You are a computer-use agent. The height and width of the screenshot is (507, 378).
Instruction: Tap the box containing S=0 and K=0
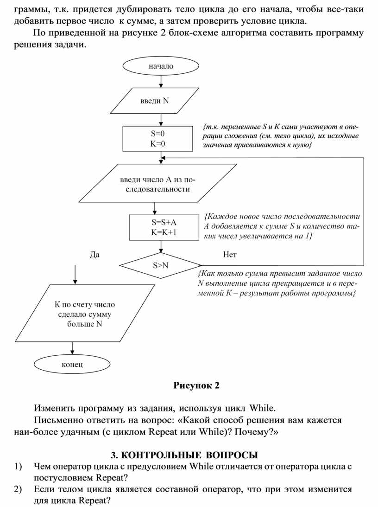(157, 138)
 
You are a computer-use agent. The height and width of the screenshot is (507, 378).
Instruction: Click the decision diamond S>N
(161, 266)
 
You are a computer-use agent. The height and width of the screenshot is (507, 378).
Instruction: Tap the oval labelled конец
(72, 364)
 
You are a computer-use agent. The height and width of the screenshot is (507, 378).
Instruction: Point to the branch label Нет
(229, 255)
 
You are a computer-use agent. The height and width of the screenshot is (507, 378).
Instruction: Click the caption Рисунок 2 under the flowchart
(196, 385)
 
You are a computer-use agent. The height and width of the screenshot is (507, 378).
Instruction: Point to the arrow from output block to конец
(72, 348)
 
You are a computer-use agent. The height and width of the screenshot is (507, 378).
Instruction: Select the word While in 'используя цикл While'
(262, 408)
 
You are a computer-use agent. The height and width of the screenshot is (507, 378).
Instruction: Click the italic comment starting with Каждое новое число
(281, 227)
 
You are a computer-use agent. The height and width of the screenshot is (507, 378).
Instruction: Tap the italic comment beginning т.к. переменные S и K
(281, 136)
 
